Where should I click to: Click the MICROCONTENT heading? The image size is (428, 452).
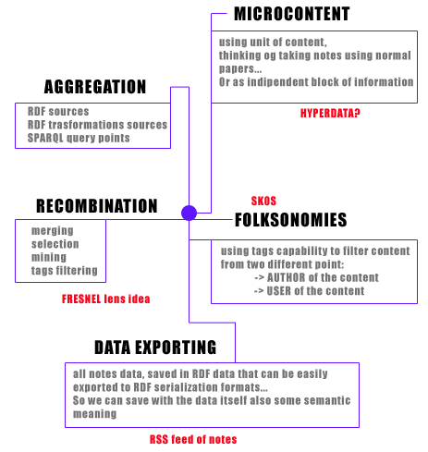point(292,14)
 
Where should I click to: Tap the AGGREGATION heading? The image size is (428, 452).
point(95,87)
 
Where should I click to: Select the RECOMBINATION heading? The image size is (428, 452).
point(97,206)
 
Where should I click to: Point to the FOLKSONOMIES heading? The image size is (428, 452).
point(291,220)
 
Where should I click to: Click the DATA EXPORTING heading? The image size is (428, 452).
point(155,348)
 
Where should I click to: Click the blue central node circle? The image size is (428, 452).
point(189,213)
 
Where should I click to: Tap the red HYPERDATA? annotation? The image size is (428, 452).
point(330,114)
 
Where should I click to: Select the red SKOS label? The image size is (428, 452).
point(263,201)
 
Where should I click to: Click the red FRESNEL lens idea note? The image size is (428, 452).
point(106,299)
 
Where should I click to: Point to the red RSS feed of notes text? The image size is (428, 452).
point(193,439)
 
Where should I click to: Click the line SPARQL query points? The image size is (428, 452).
point(79,138)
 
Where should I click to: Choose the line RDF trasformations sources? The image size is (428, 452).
point(97,125)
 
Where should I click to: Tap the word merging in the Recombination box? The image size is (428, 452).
point(53,231)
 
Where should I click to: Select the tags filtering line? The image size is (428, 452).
point(65,271)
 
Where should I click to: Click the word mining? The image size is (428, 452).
point(49,257)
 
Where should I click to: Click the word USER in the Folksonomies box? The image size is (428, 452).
point(279,291)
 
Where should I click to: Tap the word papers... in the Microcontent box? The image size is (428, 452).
point(240,68)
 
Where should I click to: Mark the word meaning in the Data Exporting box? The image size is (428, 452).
point(95,414)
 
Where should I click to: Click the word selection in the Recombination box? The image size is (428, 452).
point(55,244)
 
